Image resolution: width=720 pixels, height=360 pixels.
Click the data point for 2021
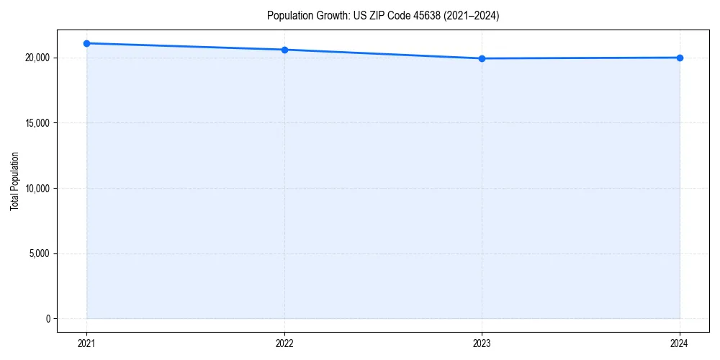pyautogui.click(x=86, y=43)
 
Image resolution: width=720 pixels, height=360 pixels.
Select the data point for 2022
pyautogui.click(x=284, y=50)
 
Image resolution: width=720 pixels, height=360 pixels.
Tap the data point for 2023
pyautogui.click(x=482, y=58)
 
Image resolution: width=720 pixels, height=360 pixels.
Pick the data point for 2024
pyautogui.click(x=680, y=58)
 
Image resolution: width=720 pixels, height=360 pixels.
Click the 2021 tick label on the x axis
pyautogui.click(x=86, y=343)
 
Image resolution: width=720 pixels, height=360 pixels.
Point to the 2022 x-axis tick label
pyautogui.click(x=284, y=343)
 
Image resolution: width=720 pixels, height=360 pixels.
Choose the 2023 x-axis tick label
pyautogui.click(x=482, y=343)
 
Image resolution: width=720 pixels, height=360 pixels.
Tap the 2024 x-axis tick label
pyautogui.click(x=680, y=343)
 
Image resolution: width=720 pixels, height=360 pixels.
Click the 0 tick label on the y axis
pyautogui.click(x=48, y=319)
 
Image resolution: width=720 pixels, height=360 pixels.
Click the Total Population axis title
pyautogui.click(x=14, y=181)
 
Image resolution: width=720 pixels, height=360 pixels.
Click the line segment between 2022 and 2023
pyautogui.click(x=383, y=54)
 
